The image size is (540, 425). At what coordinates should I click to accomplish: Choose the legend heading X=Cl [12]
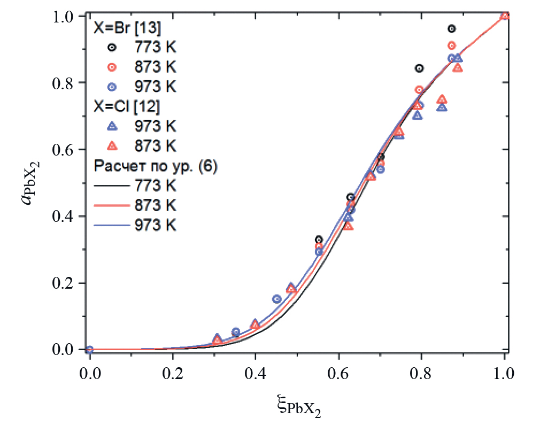coord(125,107)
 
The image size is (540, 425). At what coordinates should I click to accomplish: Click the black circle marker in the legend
coord(112,47)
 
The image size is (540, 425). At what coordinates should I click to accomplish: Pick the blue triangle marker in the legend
coord(112,127)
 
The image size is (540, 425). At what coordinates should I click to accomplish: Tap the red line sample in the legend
coord(112,205)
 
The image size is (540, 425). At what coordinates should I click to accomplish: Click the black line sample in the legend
coord(112,186)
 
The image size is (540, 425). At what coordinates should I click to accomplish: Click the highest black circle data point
coord(452,29)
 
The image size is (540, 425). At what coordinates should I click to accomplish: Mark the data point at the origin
coord(89,350)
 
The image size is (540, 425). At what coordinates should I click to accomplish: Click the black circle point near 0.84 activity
coord(419,68)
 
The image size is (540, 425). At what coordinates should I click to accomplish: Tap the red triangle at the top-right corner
coord(505,16)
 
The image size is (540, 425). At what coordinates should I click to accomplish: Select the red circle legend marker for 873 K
coord(112,67)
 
